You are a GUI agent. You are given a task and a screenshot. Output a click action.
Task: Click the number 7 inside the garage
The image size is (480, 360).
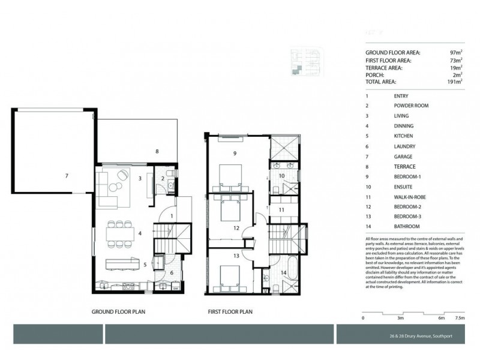(67, 176)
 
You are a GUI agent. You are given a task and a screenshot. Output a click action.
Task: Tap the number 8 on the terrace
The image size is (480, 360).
(157, 152)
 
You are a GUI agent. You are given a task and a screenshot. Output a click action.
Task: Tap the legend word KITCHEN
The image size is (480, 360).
(404, 136)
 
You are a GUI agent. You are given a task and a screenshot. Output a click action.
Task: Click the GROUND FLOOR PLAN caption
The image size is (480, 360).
(119, 312)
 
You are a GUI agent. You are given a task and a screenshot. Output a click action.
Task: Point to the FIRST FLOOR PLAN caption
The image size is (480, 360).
(230, 312)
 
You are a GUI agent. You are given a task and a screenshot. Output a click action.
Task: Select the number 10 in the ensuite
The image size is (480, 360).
(281, 176)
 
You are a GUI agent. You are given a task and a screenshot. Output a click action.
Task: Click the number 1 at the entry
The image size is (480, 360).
(172, 217)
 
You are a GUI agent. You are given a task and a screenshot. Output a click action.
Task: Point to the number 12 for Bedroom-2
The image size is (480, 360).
(236, 229)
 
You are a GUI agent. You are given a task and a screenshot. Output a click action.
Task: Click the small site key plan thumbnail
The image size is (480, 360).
(304, 62)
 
